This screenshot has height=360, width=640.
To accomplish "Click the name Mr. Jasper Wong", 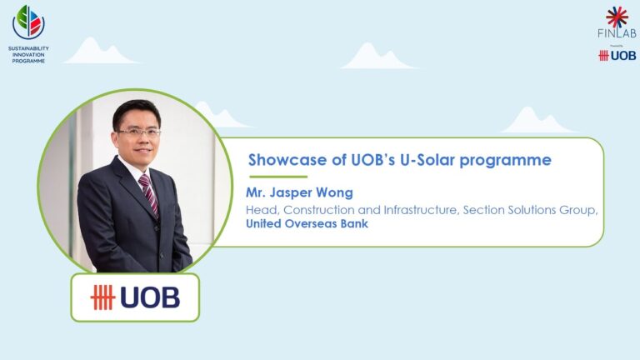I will point(299,193).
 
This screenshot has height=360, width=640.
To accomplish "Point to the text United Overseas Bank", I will point(307,223).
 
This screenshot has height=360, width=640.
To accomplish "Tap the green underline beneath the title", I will point(277,177).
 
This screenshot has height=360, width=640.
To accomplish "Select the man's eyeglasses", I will point(139,132).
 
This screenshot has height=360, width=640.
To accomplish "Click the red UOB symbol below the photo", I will point(102,297).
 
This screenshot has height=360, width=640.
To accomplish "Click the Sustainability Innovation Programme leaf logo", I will point(28,22).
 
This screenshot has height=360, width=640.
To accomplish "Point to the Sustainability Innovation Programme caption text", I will point(28,54).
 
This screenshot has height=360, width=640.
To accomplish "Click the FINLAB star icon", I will point(617,17).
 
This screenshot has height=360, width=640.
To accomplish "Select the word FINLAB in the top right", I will point(616,34).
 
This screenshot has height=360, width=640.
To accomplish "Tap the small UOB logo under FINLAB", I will point(617,55).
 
